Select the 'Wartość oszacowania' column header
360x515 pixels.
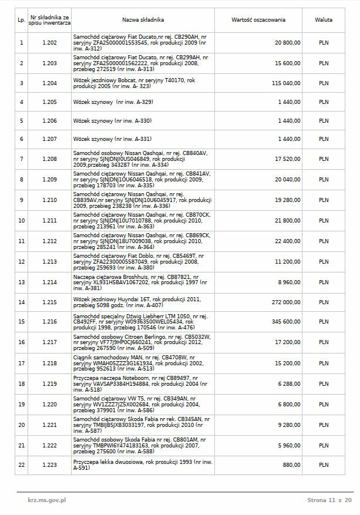coord(258,20)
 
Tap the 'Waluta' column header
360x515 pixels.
coord(324,20)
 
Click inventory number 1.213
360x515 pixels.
coord(50,262)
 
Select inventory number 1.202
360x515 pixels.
coord(50,43)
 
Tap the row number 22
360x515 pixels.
coord(22,465)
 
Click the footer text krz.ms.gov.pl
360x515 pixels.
coord(46,500)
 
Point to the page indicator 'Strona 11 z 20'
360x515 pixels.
coord(329,500)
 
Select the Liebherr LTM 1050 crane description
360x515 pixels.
coord(141,322)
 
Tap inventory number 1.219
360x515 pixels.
coord(50,384)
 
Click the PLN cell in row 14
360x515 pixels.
coord(324,302)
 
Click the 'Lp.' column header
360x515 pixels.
coord(22,20)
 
